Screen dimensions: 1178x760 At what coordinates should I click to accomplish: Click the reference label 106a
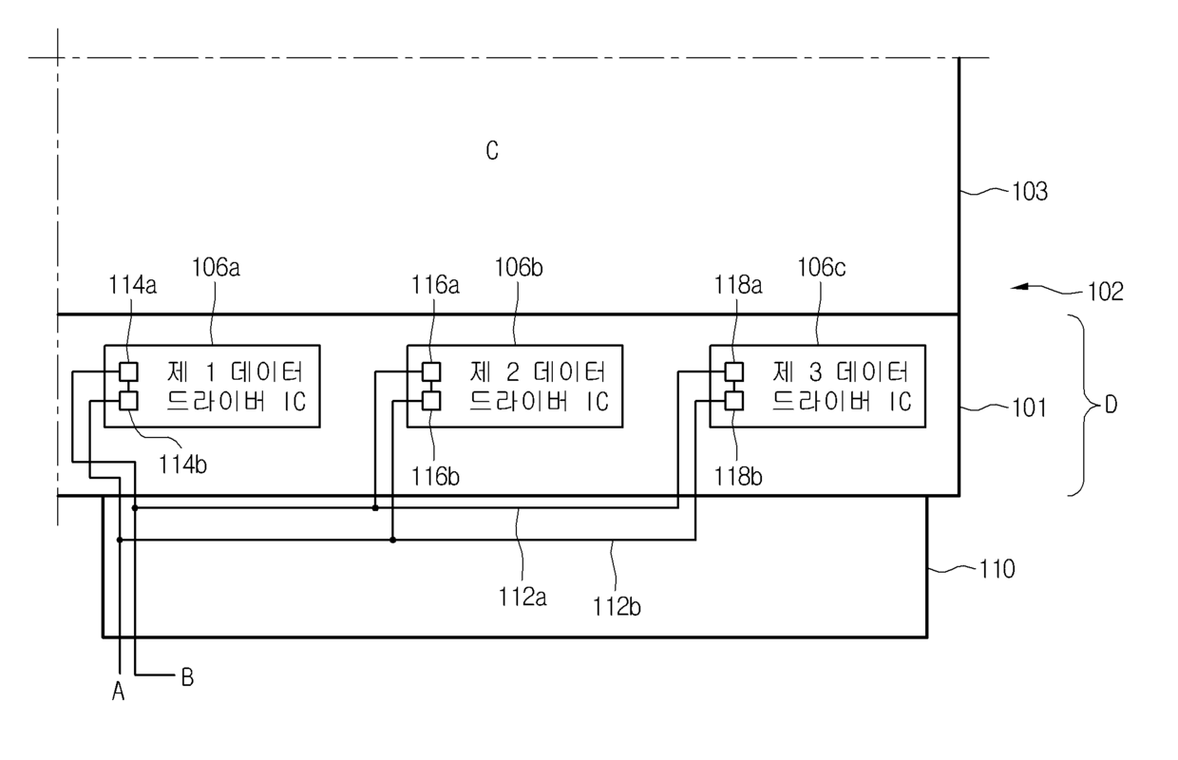(217, 268)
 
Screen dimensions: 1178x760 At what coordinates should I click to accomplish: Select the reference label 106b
(519, 268)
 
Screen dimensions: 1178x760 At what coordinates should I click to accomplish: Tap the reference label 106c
(822, 268)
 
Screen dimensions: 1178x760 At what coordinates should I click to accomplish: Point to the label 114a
(133, 286)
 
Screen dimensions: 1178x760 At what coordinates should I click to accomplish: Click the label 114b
(182, 465)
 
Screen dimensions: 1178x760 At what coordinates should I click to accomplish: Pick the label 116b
(435, 477)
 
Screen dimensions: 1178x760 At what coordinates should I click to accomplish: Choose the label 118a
(738, 286)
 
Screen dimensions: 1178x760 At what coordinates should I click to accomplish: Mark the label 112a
(522, 598)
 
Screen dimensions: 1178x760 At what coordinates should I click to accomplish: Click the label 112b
(617, 607)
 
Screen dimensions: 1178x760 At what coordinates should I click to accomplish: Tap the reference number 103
(1030, 192)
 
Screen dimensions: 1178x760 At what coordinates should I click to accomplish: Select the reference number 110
(997, 570)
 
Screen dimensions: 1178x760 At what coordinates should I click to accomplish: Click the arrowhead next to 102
(1019, 287)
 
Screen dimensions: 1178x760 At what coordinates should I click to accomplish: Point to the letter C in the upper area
(492, 151)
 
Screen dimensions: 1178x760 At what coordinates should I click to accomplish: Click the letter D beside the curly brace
(1111, 405)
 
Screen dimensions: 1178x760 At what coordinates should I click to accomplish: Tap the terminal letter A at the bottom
(119, 691)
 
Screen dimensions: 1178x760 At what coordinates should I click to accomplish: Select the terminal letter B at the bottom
(187, 677)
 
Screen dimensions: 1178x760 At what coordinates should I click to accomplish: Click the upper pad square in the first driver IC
(129, 371)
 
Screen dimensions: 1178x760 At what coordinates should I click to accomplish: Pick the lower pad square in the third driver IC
(734, 401)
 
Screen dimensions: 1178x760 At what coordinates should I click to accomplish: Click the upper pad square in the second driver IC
(431, 371)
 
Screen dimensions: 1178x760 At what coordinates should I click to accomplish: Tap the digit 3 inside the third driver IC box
(815, 373)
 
